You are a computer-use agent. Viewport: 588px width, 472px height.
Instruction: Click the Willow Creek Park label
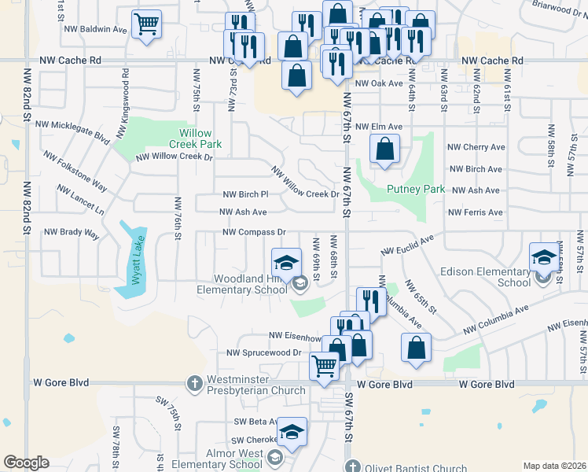[196, 138]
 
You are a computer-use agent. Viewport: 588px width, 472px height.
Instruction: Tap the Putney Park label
[416, 190]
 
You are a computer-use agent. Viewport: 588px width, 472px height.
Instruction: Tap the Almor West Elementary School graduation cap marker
[291, 432]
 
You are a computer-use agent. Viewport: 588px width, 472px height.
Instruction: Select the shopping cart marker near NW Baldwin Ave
[146, 25]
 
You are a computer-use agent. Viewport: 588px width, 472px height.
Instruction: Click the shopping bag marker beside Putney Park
[384, 149]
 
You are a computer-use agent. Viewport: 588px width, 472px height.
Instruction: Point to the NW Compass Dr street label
[254, 232]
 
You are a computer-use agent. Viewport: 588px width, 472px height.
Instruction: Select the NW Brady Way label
[72, 233]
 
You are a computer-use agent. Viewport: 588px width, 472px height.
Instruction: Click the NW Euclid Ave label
[407, 245]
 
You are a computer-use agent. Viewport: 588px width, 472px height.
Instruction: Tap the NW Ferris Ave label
[475, 212]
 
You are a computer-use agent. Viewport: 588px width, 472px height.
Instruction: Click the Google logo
[26, 463]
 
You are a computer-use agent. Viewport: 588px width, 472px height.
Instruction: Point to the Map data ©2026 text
[553, 466]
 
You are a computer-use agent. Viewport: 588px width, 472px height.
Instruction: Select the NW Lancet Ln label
[80, 201]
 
